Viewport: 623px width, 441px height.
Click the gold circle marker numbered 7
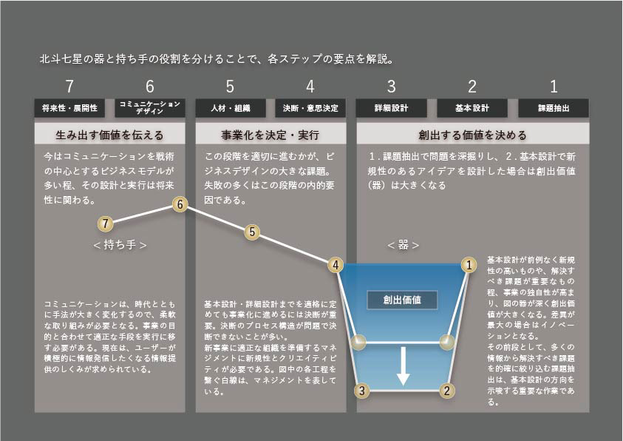tap(106, 223)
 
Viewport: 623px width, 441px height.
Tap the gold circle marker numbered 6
tap(179, 205)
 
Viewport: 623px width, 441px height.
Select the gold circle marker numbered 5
tap(252, 232)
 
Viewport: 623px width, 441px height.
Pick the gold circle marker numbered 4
tap(336, 264)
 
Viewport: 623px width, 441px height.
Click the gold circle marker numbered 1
tap(468, 264)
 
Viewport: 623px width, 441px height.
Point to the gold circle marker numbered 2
tap(446, 390)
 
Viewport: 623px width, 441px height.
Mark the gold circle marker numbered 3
tap(361, 390)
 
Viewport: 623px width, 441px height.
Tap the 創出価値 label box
tap(403, 300)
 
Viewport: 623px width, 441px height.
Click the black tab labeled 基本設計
tap(473, 108)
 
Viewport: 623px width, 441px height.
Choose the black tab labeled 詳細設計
tap(392, 108)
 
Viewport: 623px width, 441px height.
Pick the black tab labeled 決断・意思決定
tap(310, 108)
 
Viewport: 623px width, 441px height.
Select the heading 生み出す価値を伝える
tap(109, 135)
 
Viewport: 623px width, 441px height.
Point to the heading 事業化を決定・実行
tap(270, 135)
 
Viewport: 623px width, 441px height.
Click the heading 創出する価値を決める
tap(473, 135)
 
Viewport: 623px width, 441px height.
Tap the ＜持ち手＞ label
tap(120, 245)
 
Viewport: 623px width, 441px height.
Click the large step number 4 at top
tap(310, 86)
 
